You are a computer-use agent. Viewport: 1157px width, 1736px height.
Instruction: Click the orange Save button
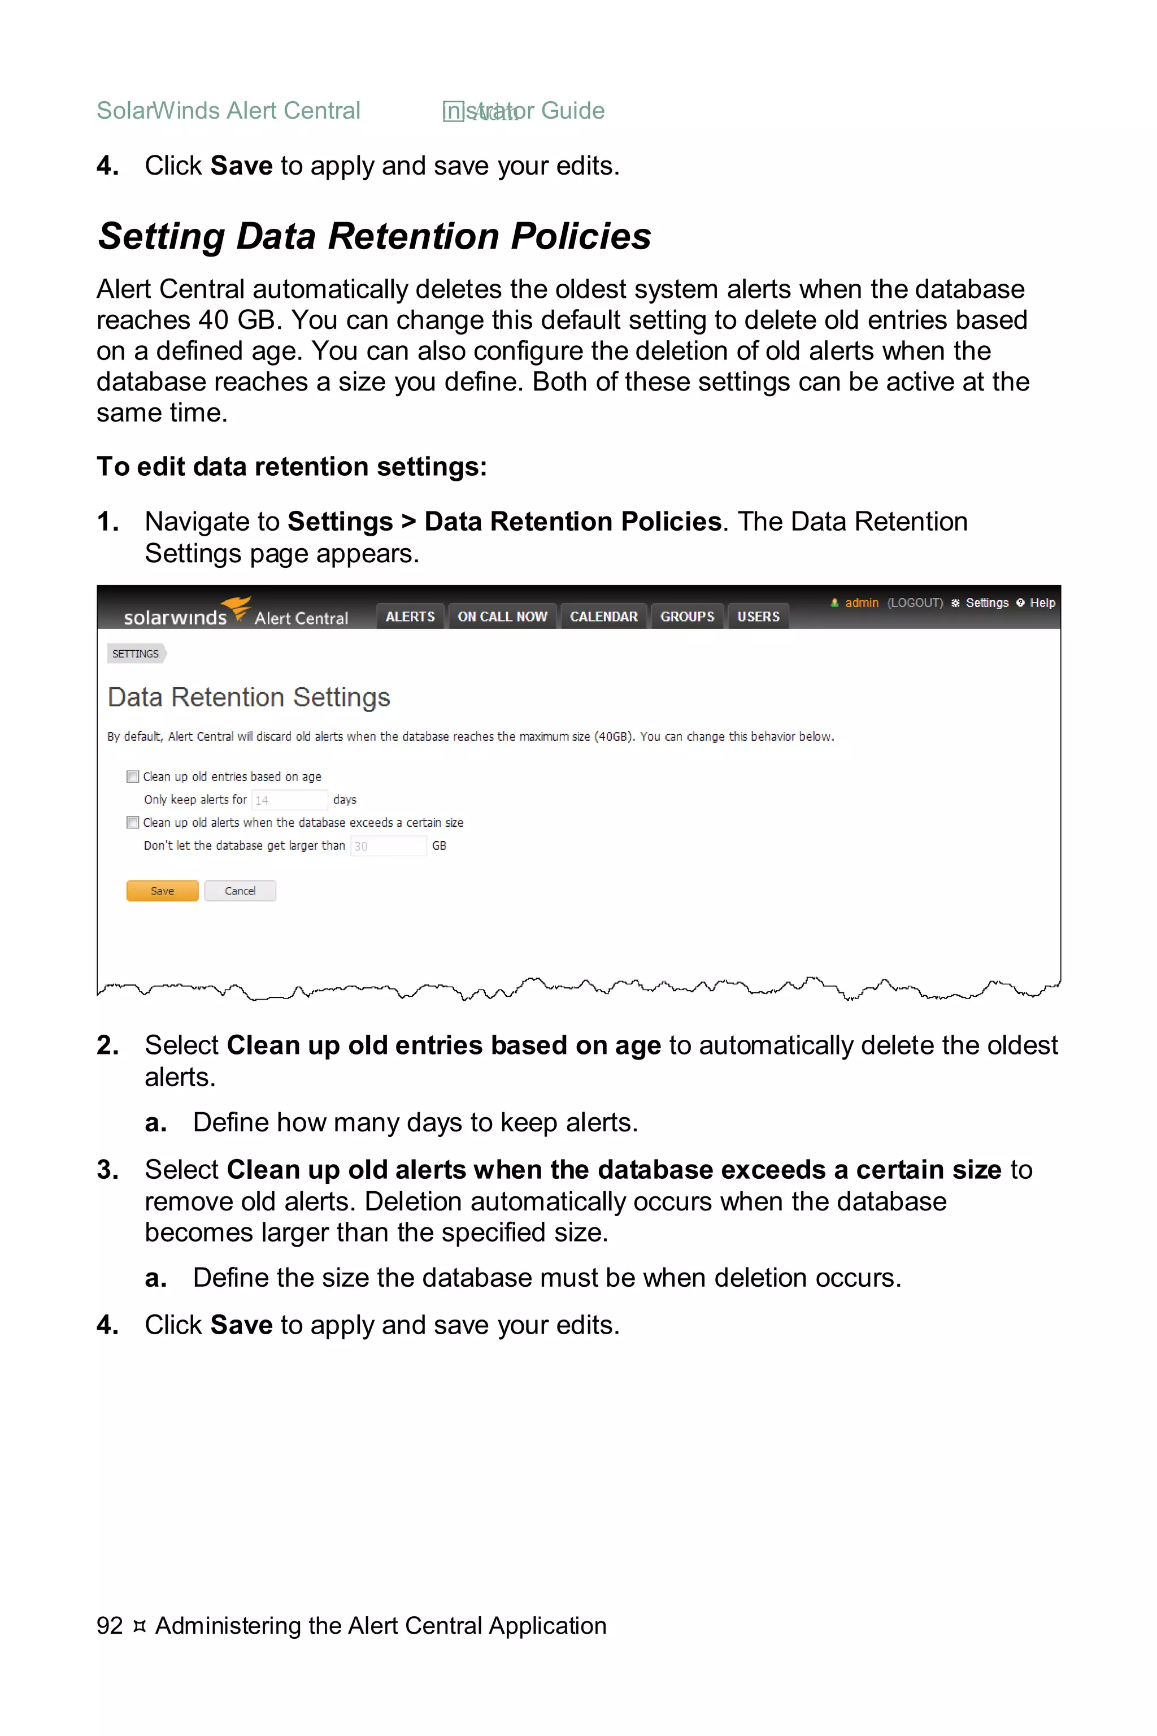click(162, 891)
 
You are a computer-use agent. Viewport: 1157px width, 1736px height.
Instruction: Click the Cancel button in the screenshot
click(240, 891)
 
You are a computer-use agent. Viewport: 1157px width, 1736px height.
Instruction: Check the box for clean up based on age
click(133, 776)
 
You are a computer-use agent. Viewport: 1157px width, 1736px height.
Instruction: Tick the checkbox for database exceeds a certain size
click(133, 822)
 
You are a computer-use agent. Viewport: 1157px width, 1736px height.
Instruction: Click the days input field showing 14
click(289, 800)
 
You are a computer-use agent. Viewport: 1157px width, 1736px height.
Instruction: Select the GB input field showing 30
click(388, 846)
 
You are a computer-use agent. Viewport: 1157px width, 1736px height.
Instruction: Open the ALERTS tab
click(410, 617)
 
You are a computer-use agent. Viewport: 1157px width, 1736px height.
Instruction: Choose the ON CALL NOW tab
click(502, 617)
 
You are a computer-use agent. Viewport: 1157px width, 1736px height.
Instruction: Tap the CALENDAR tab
click(603, 617)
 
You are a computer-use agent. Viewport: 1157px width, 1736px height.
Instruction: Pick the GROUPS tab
click(687, 617)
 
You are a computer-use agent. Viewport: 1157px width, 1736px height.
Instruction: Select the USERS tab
click(759, 617)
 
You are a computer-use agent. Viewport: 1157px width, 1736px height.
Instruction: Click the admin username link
click(862, 603)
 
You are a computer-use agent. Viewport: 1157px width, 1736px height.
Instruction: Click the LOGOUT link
click(915, 603)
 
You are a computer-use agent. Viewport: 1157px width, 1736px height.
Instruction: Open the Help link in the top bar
click(1042, 603)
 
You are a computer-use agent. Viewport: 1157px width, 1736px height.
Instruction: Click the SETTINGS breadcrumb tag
click(136, 654)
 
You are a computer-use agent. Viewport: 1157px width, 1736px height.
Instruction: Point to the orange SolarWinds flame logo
click(238, 608)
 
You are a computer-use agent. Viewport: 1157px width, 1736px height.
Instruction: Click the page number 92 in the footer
click(109, 1625)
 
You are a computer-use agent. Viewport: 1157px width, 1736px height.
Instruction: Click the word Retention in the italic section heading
click(414, 237)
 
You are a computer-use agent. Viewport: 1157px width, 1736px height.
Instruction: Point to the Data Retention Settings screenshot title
click(249, 697)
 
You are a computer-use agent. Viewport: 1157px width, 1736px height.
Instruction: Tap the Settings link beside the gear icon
click(986, 603)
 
